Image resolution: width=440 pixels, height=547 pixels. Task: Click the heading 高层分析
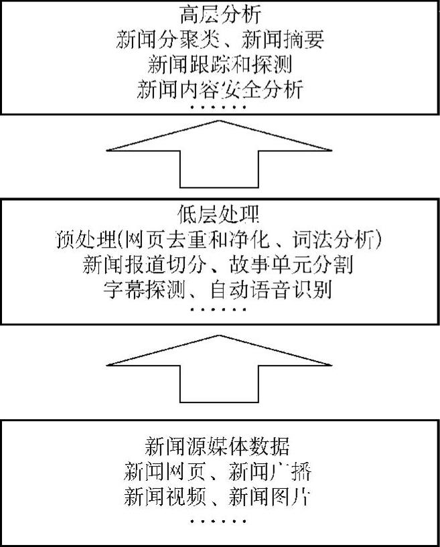pyautogui.click(x=219, y=14)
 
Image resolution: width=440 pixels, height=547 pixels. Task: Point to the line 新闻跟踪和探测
pyautogui.click(x=219, y=64)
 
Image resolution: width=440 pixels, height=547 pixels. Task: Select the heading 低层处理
pyautogui.click(x=219, y=214)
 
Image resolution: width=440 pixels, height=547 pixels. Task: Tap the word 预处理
pyautogui.click(x=84, y=239)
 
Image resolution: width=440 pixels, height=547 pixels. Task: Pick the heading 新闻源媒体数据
pyautogui.click(x=219, y=445)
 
